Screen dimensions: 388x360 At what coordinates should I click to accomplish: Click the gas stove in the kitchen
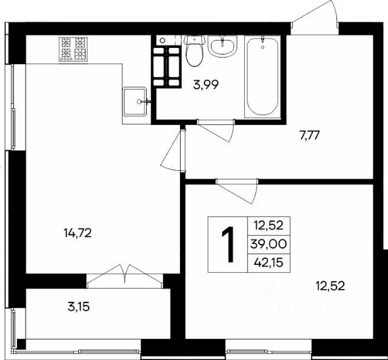[x=73, y=49]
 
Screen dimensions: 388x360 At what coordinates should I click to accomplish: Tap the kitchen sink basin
[x=135, y=101]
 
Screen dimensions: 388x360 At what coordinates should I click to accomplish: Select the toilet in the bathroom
[x=195, y=50]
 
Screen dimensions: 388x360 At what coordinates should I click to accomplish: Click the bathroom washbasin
[x=222, y=46]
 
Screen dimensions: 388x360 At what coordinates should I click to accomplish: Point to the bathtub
[x=263, y=76]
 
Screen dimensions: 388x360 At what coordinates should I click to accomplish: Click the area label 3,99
[x=206, y=85]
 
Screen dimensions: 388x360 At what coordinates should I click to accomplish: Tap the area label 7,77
[x=310, y=136]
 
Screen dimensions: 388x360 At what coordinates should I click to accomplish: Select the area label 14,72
[x=78, y=233]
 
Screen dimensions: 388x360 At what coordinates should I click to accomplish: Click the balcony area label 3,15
[x=79, y=307]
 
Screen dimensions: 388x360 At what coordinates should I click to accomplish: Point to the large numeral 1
[x=228, y=244]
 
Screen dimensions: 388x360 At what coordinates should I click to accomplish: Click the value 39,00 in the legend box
[x=269, y=244]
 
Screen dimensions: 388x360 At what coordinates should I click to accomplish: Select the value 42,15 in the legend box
[x=269, y=262]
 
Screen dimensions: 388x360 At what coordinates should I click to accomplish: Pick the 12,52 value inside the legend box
[x=269, y=225]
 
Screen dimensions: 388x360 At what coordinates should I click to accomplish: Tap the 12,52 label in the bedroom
[x=330, y=286]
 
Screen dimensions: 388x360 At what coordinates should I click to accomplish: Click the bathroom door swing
[x=216, y=131]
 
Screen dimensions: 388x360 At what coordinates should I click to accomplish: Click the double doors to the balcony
[x=125, y=276]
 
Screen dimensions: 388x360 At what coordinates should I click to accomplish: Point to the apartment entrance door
[x=315, y=14]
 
